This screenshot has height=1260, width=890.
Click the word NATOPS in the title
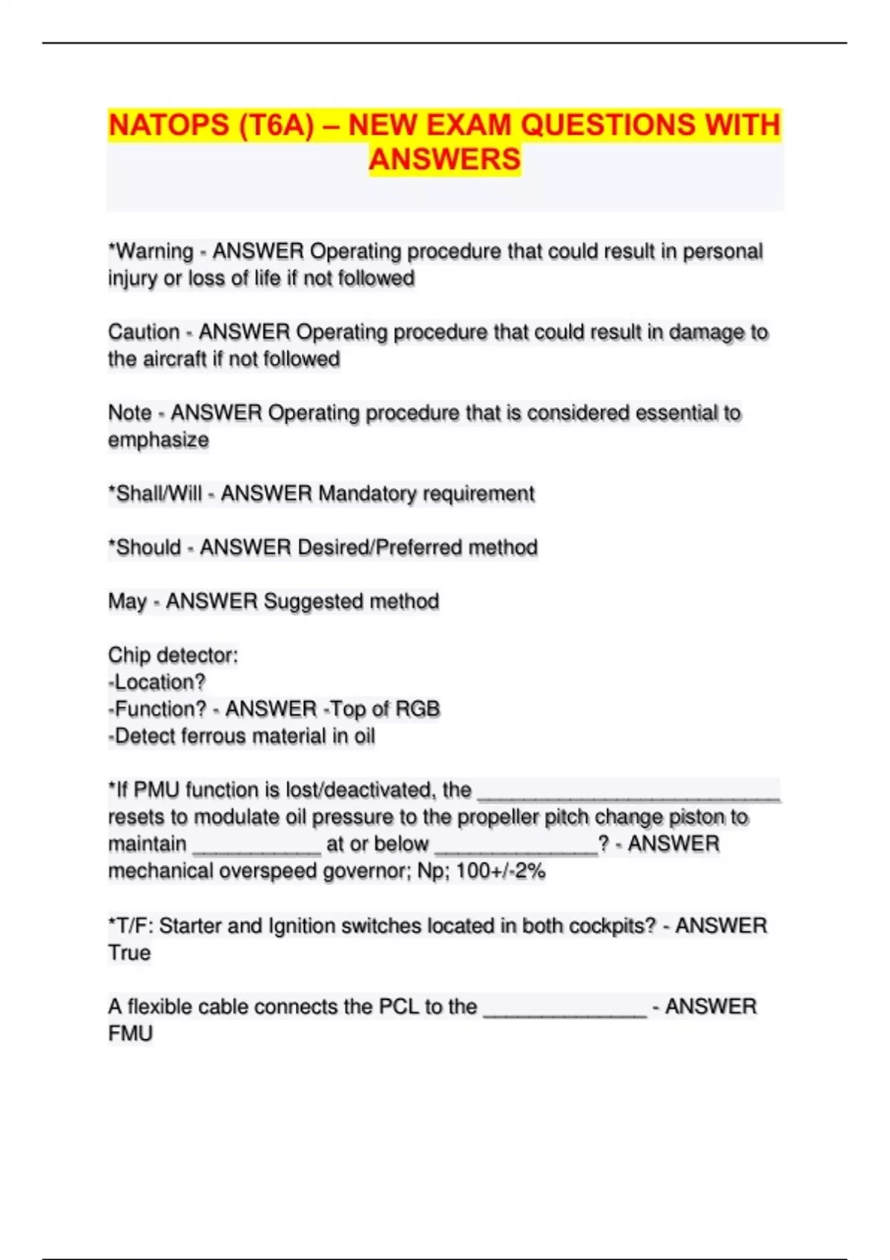pos(169,125)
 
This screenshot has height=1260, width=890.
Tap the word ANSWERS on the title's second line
pos(445,159)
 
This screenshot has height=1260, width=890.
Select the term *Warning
pos(151,251)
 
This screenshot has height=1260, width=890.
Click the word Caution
pos(144,332)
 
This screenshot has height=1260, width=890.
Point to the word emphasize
pos(159,440)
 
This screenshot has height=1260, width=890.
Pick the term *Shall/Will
pos(155,494)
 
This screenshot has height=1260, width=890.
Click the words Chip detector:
pos(173,655)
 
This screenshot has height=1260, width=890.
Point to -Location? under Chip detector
pos(156,682)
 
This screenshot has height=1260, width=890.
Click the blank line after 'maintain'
pos(257,846)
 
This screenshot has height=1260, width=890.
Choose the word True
pos(129,952)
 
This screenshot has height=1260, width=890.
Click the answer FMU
pos(131,1033)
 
